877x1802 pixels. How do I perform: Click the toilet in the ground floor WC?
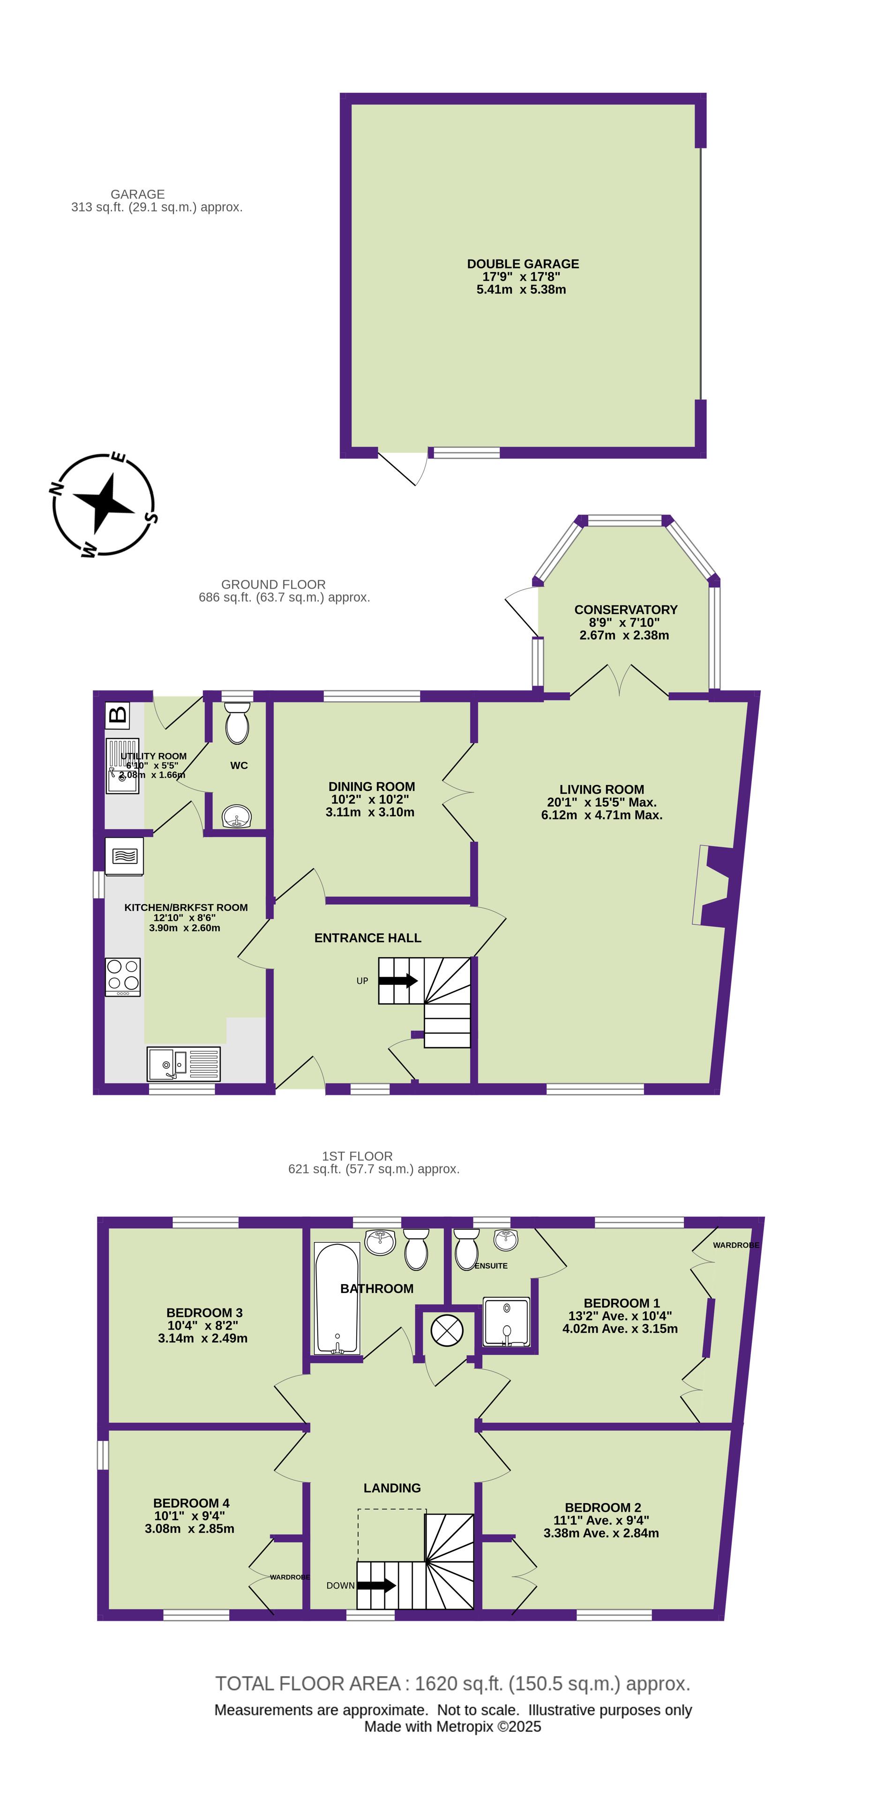point(237,723)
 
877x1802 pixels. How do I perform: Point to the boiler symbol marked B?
point(118,714)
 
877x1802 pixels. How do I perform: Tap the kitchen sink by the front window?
point(183,1064)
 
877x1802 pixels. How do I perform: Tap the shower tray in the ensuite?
point(507,1322)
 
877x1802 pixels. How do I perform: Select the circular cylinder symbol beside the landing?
point(447,1330)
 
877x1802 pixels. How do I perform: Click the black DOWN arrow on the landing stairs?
point(376,1585)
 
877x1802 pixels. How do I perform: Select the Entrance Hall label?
point(367,938)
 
